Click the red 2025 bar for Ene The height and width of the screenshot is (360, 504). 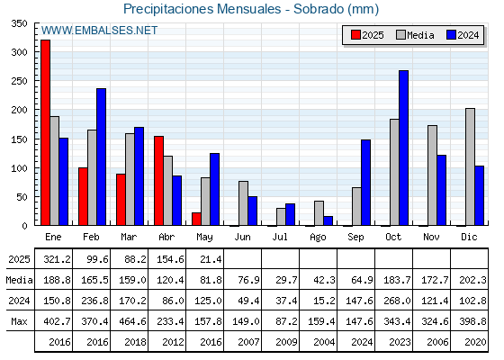pos(45,132)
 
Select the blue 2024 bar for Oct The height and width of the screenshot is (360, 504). pos(404,148)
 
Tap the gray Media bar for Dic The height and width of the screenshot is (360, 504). pos(470,166)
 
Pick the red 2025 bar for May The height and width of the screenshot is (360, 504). pos(196,219)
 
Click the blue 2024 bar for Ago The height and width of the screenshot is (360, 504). pos(328,220)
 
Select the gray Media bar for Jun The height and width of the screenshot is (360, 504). pos(243,203)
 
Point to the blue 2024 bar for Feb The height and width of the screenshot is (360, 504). pos(101,157)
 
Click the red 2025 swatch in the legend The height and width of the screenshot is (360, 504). pos(355,35)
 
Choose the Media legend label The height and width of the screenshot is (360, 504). pos(420,35)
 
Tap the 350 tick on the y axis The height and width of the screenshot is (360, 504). pos(19,23)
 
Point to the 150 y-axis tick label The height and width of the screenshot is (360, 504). pos(19,139)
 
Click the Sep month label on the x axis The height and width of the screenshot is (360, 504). pos(355,238)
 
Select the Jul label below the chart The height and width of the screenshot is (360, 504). pos(280,237)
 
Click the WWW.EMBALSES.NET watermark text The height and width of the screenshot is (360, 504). pos(99,31)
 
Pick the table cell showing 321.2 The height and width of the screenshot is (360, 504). pos(58,259)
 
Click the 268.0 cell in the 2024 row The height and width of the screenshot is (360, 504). pos(397,301)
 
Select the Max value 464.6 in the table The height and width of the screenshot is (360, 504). pos(132,321)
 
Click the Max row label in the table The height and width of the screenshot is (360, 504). pos(19,321)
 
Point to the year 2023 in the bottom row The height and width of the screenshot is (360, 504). pos(400,342)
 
